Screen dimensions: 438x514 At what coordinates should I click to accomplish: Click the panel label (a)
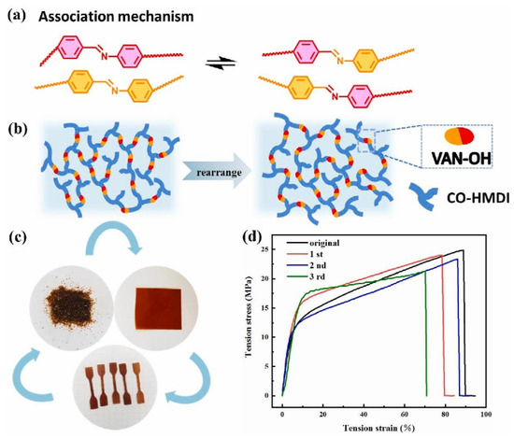click(x=15, y=15)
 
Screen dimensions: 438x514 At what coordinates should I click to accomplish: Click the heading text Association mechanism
click(x=106, y=15)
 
